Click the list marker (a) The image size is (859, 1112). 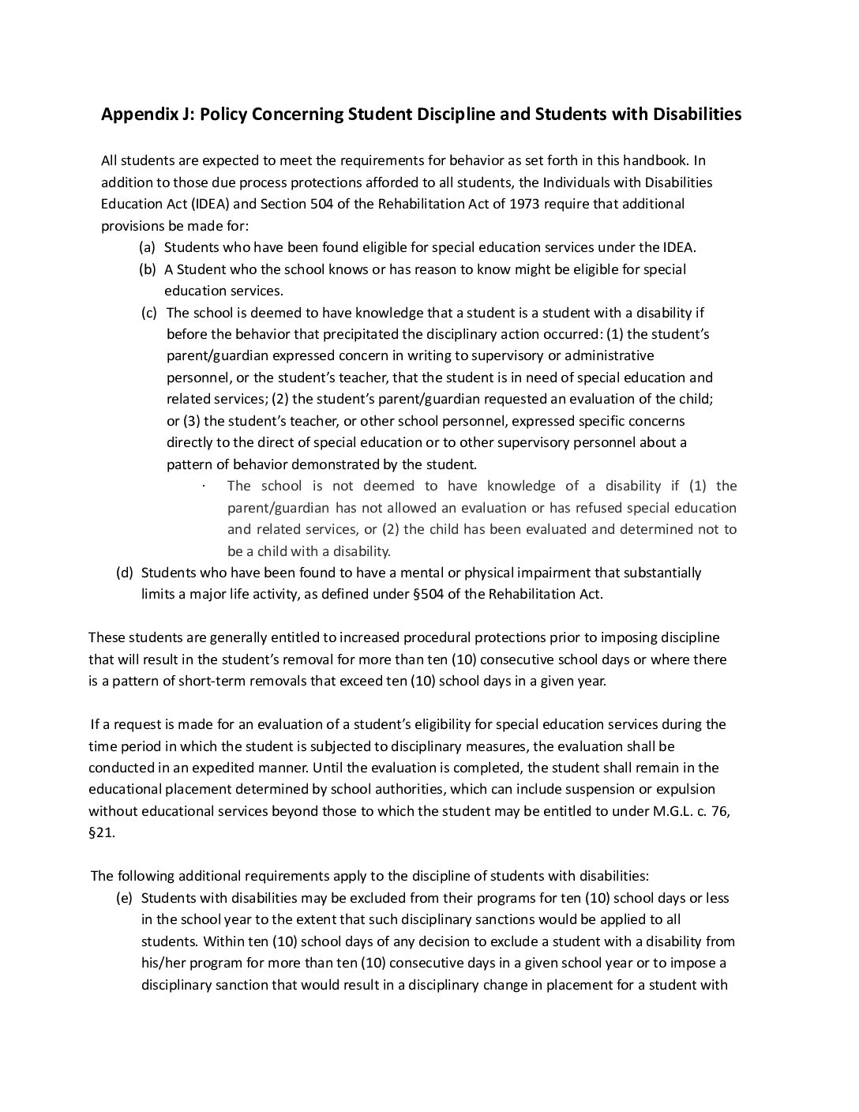[x=148, y=247]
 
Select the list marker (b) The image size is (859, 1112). [x=148, y=269]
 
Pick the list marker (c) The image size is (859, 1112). [x=149, y=313]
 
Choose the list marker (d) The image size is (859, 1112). [x=125, y=573]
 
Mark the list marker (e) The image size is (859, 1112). [x=125, y=898]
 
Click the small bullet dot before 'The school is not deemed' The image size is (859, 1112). [x=204, y=486]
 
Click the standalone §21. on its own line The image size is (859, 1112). [x=101, y=832]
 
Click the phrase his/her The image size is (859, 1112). [x=163, y=963]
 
